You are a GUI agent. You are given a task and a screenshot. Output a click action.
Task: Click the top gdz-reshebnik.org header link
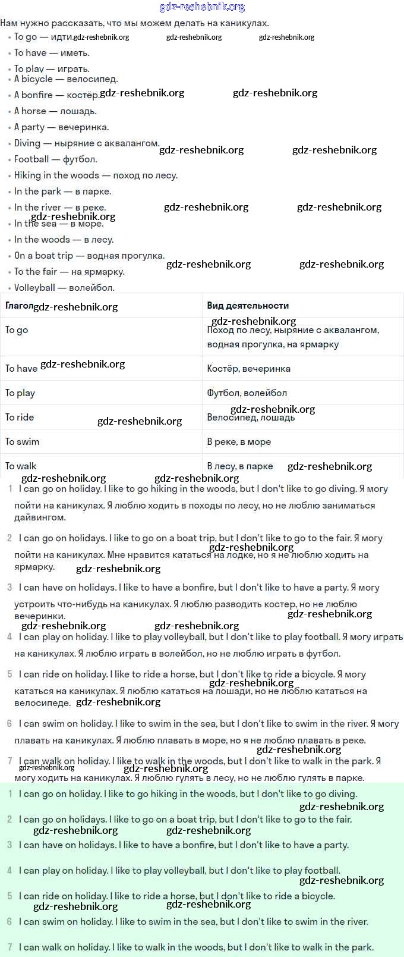(x=202, y=7)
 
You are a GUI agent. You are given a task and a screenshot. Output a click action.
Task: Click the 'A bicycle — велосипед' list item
(x=65, y=79)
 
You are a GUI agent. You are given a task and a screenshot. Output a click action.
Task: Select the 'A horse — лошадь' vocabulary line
(x=55, y=111)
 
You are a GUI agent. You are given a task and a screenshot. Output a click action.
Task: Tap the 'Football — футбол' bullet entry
(x=55, y=159)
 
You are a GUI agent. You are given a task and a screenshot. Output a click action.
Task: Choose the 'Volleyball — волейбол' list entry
(x=64, y=287)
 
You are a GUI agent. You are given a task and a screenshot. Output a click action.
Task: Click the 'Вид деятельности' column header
(x=248, y=305)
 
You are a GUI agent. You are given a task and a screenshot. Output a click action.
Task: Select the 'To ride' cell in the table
(x=20, y=417)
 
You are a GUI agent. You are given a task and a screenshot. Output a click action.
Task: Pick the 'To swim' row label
(x=22, y=441)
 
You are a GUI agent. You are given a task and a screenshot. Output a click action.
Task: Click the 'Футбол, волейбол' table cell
(x=247, y=393)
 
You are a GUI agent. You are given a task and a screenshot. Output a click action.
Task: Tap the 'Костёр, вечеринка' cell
(x=248, y=368)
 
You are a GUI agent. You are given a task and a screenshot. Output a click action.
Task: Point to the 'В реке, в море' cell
(x=239, y=441)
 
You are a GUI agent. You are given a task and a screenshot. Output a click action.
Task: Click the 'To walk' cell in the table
(x=21, y=466)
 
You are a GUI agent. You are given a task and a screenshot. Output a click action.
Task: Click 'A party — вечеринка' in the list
(x=61, y=127)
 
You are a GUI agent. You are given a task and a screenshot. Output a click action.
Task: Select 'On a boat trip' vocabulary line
(x=89, y=255)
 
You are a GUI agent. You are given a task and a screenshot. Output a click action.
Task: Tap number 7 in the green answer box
(x=10, y=946)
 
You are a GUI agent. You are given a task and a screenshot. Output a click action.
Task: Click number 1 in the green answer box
(x=10, y=793)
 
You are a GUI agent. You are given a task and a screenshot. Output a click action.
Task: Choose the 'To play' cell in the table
(x=20, y=393)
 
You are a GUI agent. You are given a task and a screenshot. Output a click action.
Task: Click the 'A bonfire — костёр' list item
(x=56, y=95)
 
